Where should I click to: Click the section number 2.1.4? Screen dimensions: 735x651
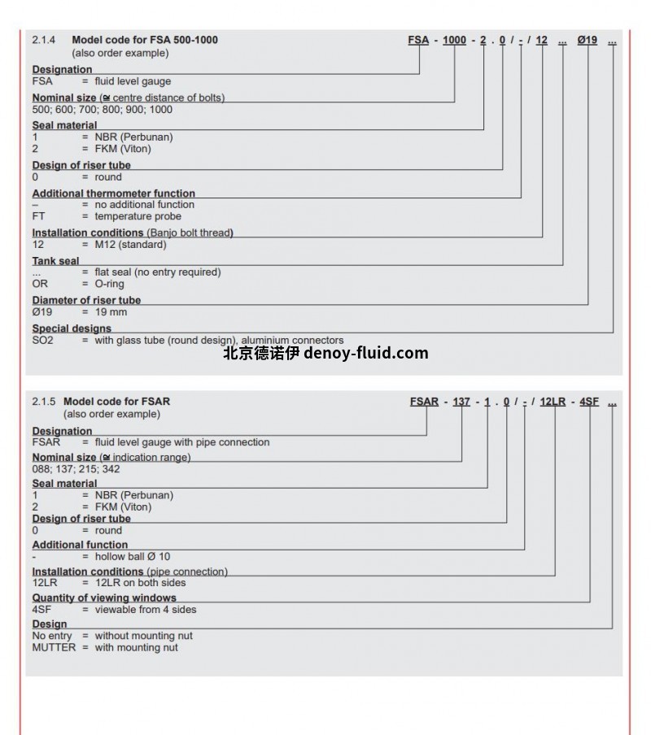pos(43,40)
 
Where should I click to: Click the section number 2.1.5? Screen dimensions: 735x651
pos(43,402)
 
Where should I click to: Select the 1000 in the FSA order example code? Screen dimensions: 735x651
pos(454,40)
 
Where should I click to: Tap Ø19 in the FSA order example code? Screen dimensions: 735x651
pos(588,40)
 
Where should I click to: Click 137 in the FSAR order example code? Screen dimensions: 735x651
pos(461,402)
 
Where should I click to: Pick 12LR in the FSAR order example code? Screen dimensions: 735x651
pos(553,402)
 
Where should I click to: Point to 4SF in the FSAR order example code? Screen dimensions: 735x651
pos(589,402)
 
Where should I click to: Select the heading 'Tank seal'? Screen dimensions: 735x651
pos(56,261)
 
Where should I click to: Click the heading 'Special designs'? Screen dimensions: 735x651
pos(72,328)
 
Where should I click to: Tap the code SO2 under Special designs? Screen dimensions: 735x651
pos(42,341)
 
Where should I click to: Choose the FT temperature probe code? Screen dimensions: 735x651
pos(38,216)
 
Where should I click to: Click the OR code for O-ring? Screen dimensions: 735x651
pos(40,284)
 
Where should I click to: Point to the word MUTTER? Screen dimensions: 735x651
pos(54,648)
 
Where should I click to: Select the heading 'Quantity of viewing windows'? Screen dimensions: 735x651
pos(103,598)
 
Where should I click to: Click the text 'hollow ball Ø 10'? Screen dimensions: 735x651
pos(133,557)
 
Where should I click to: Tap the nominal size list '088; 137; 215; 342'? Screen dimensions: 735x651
pos(76,469)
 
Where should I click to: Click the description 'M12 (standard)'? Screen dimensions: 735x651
pos(130,245)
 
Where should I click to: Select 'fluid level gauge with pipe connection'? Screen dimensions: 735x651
pos(182,442)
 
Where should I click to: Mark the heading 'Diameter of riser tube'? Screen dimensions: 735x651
pos(86,300)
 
